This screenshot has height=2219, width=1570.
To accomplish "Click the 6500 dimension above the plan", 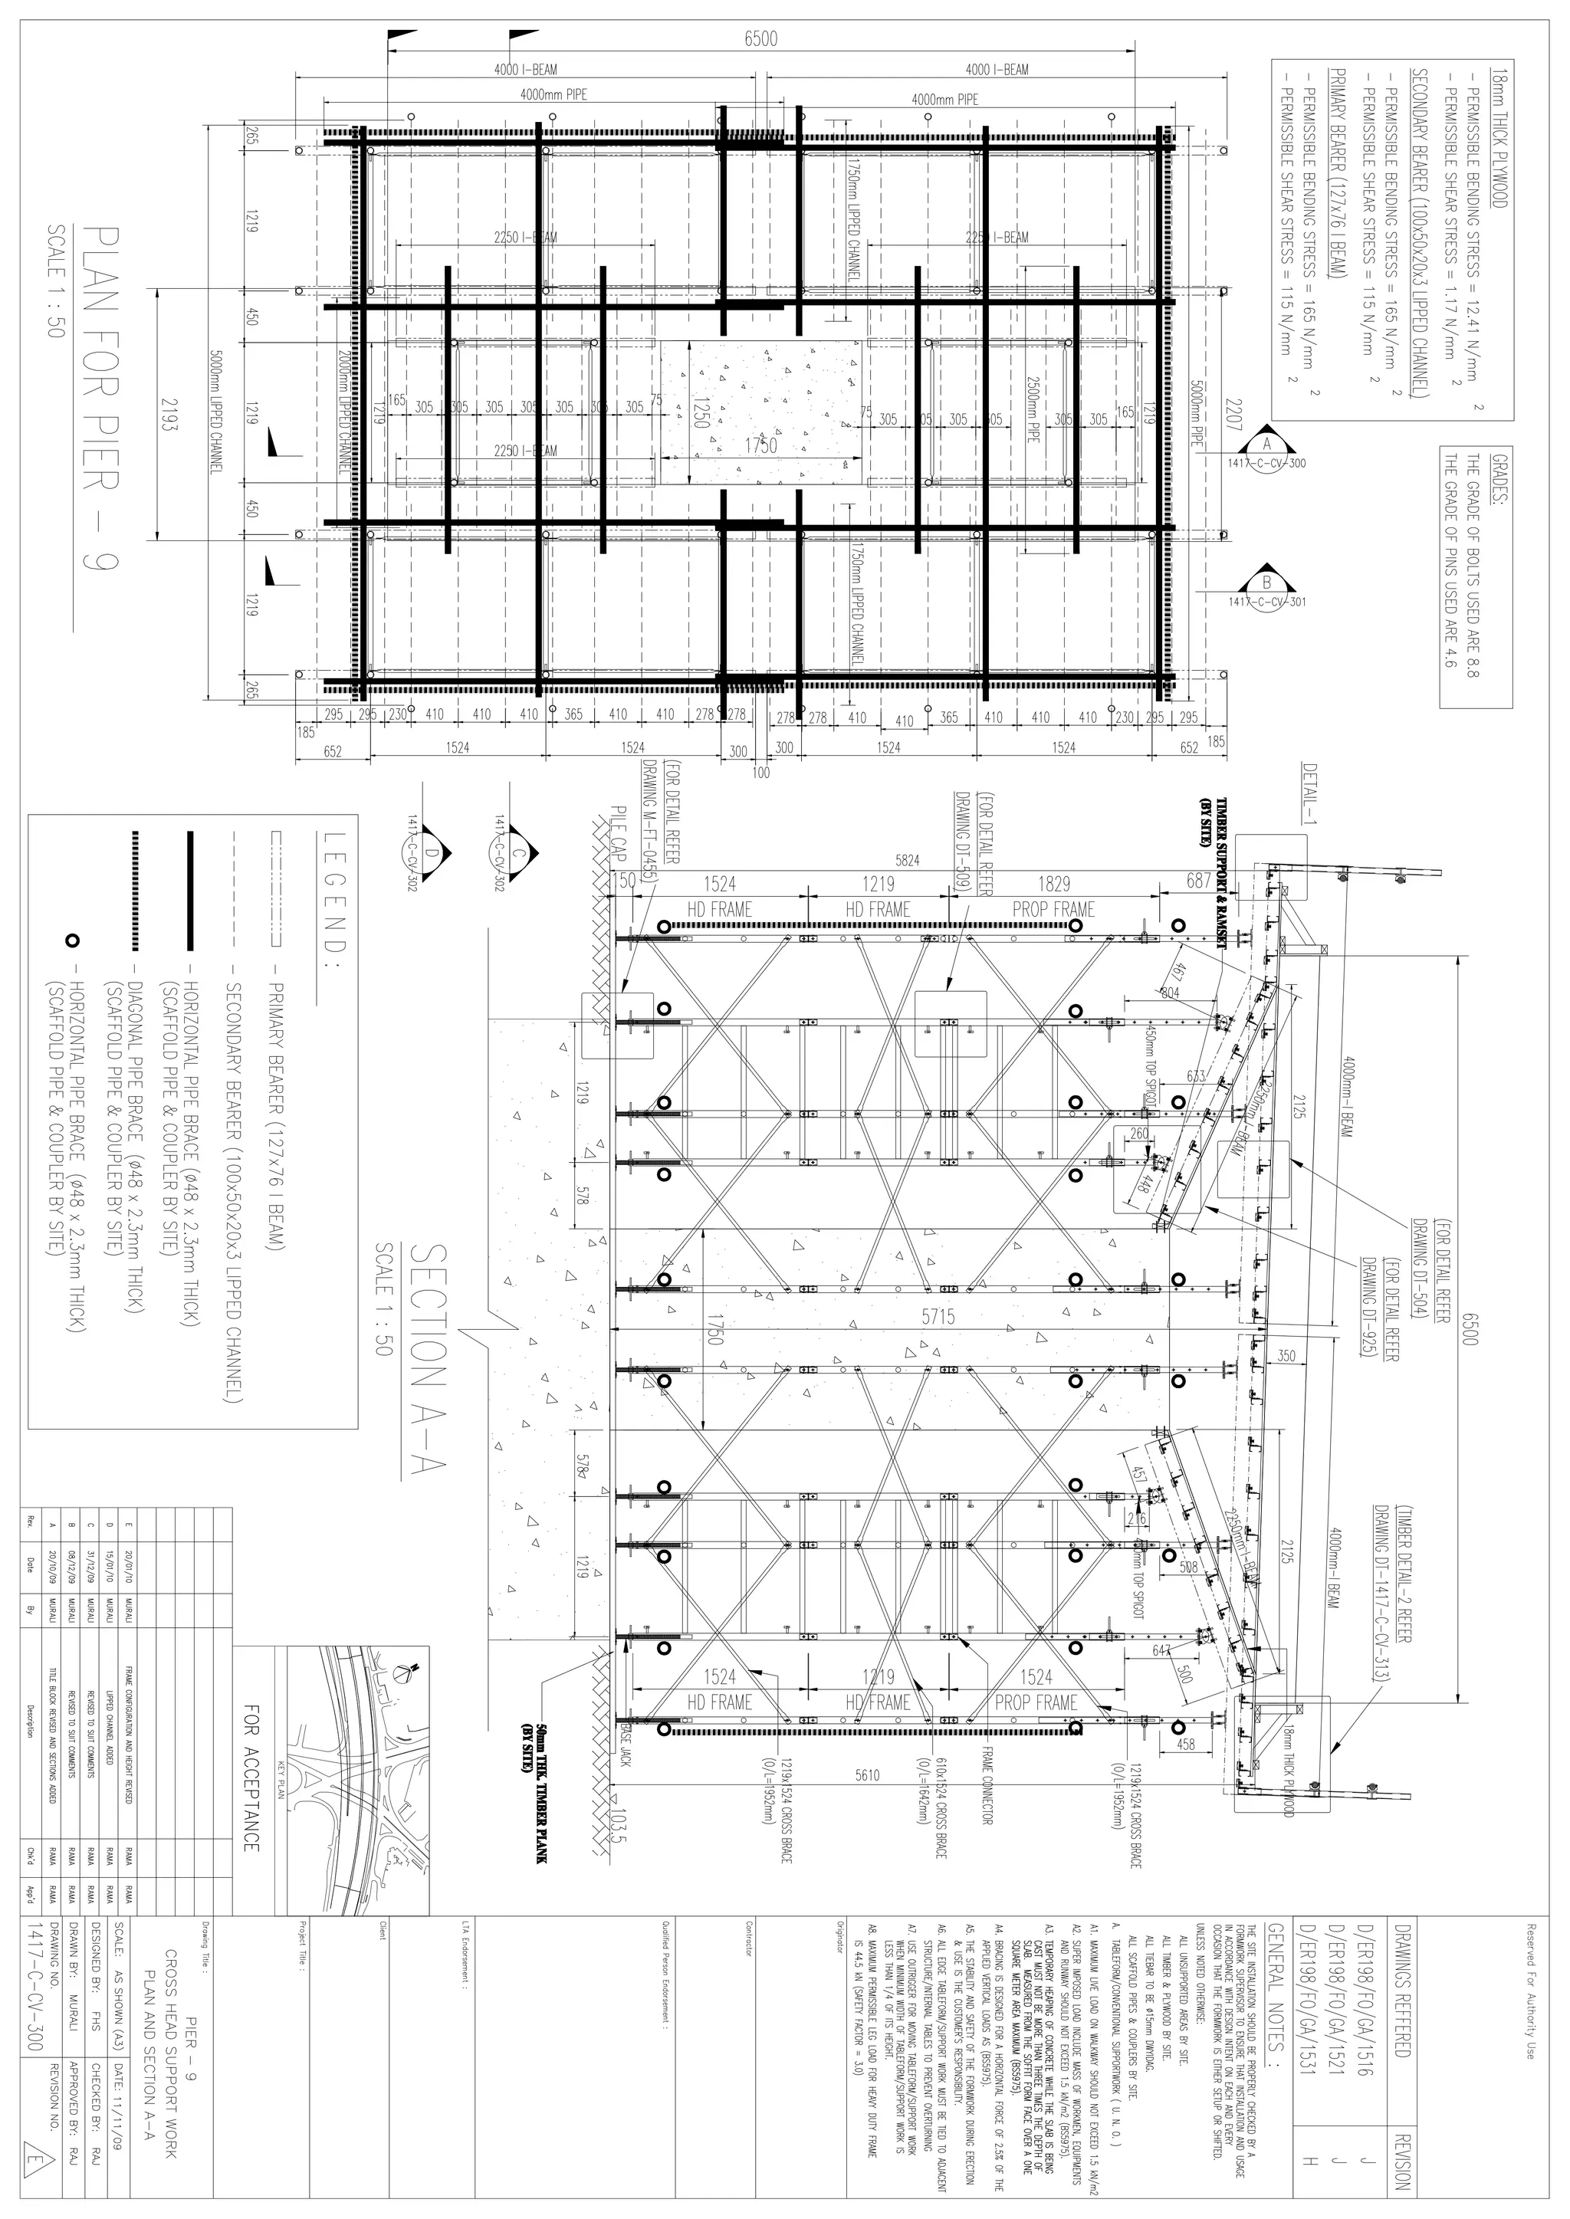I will (760, 38).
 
